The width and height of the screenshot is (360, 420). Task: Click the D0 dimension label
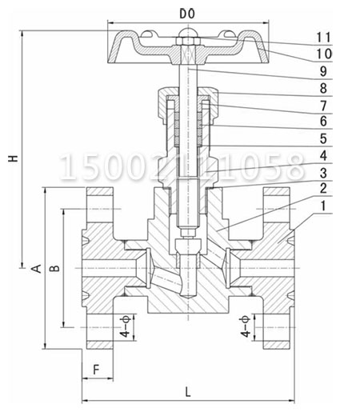pyautogui.click(x=186, y=14)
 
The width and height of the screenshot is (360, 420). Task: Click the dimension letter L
pyautogui.click(x=187, y=391)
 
